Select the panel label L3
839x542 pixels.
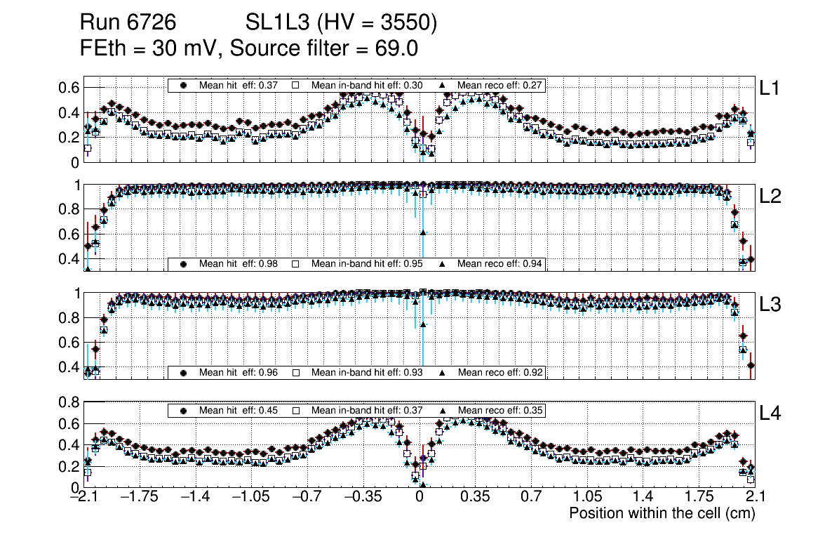point(771,305)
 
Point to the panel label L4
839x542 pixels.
point(771,414)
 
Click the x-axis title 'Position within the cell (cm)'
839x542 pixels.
point(662,513)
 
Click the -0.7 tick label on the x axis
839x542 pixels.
point(307,497)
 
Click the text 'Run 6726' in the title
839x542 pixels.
point(127,23)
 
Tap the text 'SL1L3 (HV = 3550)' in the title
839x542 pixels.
point(341,23)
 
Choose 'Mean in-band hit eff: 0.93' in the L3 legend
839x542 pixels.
point(366,372)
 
